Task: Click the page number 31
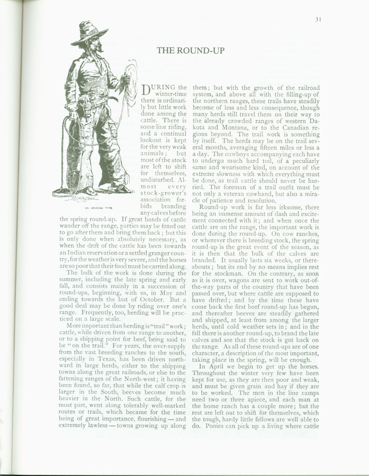click(x=319, y=20)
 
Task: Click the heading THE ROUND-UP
click(x=190, y=50)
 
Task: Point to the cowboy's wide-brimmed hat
click(x=90, y=29)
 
